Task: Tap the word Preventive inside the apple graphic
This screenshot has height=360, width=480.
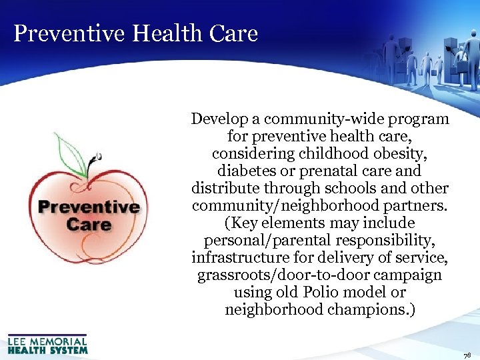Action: [89, 206]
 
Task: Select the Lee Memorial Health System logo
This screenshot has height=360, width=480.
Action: [47, 344]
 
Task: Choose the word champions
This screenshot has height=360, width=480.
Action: [375, 310]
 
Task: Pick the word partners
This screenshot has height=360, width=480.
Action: [419, 206]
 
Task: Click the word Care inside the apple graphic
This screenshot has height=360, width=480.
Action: [89, 223]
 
